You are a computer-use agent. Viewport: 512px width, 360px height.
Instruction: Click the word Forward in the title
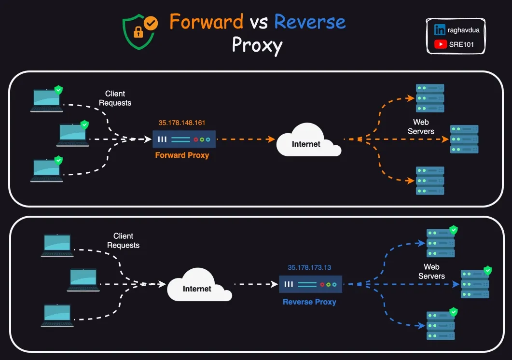(206, 22)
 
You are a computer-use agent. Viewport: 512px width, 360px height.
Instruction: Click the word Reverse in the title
(310, 22)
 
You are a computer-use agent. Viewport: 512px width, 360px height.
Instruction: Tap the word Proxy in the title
(257, 45)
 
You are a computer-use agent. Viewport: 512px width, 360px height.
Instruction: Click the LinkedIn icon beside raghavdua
(440, 30)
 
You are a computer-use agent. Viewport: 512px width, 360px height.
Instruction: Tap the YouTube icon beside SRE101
(440, 44)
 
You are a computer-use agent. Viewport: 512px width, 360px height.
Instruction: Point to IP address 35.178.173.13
(309, 267)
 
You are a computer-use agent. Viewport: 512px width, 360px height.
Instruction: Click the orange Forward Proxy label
(182, 155)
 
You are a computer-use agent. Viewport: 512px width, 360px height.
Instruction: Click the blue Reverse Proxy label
(309, 302)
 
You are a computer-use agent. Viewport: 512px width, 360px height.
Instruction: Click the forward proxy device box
(184, 139)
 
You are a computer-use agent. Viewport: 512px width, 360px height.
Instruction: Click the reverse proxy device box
(310, 284)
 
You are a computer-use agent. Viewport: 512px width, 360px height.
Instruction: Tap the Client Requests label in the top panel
(115, 98)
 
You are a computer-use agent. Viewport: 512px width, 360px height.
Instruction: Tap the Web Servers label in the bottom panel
(431, 271)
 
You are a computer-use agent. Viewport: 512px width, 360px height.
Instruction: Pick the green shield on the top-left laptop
(58, 89)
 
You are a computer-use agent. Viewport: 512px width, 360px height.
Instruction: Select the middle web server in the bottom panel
(474, 284)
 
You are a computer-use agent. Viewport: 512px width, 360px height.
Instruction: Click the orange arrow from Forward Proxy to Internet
(244, 139)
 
